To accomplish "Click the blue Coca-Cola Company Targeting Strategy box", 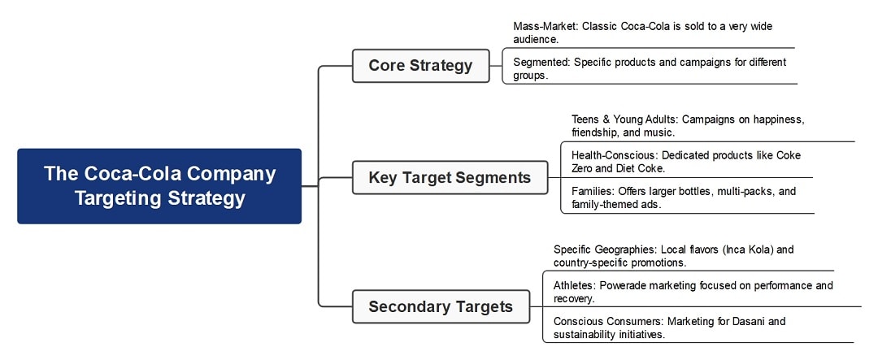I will [159, 185].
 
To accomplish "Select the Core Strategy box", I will [420, 66].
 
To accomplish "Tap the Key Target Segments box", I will [450, 177].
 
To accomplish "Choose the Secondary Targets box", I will [441, 306].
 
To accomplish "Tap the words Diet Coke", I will [641, 168].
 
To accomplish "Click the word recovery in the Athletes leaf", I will [574, 298].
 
